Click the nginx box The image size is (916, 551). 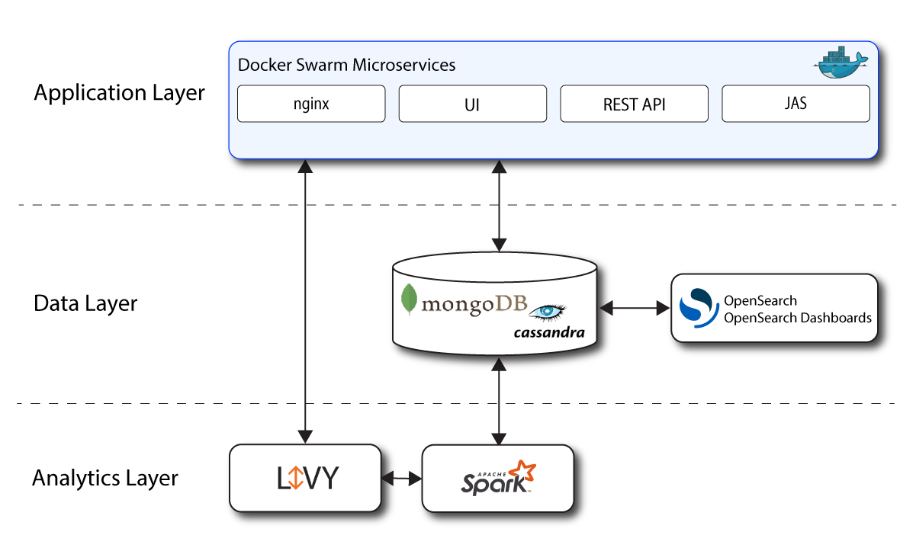311,104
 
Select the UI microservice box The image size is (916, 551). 472,104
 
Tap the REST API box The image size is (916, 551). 634,104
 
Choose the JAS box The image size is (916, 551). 795,104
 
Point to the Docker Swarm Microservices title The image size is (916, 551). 347,65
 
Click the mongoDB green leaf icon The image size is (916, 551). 410,300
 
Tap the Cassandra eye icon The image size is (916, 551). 548,311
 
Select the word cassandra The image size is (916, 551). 549,332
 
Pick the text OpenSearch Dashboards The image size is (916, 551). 797,318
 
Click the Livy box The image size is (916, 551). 305,478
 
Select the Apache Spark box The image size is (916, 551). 497,478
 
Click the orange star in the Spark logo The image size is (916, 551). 523,473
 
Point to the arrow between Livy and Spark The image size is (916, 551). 401,479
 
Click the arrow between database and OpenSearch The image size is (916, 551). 634,308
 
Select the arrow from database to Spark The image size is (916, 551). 499,402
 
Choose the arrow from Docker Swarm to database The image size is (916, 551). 499,206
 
